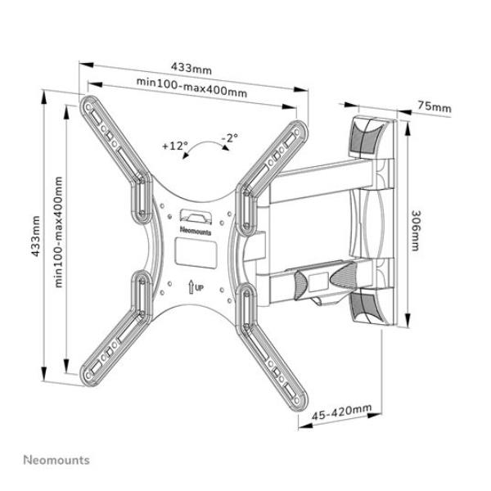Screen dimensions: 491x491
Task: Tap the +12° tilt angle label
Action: pyautogui.click(x=174, y=146)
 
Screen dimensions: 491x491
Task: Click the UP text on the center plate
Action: pyautogui.click(x=199, y=286)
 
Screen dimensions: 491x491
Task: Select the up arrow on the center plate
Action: pyautogui.click(x=190, y=286)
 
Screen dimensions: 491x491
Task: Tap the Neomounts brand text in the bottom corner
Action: pyautogui.click(x=56, y=461)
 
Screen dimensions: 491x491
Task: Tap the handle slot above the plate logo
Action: pyautogui.click(x=194, y=216)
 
